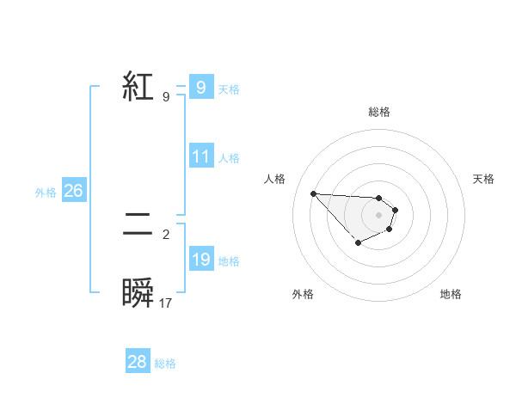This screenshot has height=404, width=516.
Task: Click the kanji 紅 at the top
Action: pos(138,87)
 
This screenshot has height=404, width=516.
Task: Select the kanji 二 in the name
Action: pos(138,225)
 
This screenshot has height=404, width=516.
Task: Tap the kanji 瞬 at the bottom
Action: pos(138,293)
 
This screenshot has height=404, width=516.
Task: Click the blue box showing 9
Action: pos(200,88)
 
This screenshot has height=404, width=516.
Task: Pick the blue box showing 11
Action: pos(201,156)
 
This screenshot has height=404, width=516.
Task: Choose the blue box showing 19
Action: pos(201,260)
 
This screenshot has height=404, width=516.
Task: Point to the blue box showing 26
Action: pos(74,191)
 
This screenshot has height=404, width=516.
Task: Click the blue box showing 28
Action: pos(138,362)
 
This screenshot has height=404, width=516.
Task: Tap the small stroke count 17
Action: pos(166,303)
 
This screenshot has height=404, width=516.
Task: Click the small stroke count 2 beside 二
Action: pos(166,234)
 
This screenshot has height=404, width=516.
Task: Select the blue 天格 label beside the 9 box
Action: pos(229,89)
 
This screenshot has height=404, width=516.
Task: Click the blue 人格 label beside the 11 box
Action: pos(229,158)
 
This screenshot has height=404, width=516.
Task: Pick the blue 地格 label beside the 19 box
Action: pos(229,261)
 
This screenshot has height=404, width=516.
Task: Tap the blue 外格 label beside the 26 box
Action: pos(46,193)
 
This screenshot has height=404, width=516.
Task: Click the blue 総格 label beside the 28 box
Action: pos(165,364)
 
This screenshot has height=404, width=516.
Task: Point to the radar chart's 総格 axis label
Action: pos(378,112)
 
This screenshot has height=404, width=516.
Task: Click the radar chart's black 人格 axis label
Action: pos(275,179)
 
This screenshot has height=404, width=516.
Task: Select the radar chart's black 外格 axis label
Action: pos(303,294)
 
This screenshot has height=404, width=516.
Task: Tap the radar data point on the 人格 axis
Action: pos(313,193)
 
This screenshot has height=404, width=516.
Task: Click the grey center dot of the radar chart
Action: pos(378,214)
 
